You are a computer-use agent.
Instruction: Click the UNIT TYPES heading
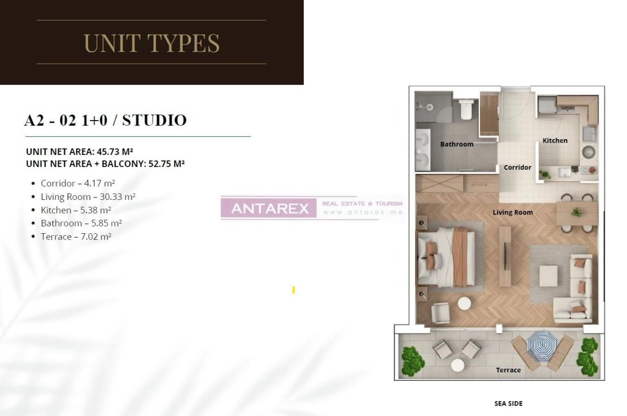click(151, 43)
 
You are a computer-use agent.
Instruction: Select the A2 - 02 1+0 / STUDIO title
click(105, 120)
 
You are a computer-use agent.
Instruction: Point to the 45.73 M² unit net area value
click(115, 151)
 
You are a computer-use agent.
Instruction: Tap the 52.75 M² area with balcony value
click(166, 164)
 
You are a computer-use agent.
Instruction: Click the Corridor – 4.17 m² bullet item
click(78, 183)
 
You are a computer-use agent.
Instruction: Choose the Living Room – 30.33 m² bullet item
click(88, 197)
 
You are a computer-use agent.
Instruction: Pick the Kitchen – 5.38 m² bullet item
click(76, 210)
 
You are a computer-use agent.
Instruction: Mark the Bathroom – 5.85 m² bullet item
click(81, 223)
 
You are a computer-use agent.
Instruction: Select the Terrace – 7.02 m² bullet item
click(76, 237)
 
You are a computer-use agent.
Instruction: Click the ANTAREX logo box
click(269, 208)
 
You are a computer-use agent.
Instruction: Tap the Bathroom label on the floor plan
click(457, 144)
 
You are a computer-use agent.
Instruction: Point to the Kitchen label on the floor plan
click(555, 140)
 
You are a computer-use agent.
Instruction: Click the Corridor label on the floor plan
click(517, 167)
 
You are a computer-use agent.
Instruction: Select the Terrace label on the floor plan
click(508, 370)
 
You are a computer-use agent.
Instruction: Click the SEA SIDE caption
click(508, 403)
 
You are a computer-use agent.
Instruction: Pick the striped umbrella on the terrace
click(542, 346)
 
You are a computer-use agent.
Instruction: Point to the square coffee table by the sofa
click(548, 276)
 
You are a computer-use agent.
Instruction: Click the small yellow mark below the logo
click(293, 290)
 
